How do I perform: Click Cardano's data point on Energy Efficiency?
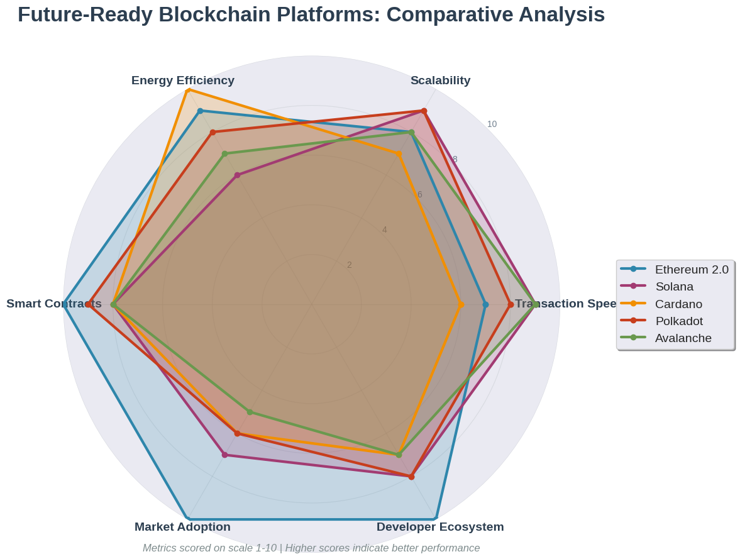(188, 90)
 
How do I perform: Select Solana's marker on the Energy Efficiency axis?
(237, 175)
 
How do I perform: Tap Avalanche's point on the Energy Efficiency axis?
(224, 153)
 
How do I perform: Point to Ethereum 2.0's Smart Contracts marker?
(64, 304)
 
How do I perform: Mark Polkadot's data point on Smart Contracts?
(89, 304)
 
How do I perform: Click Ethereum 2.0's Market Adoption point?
(188, 519)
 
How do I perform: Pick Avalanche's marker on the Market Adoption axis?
(250, 412)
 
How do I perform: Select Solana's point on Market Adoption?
(224, 455)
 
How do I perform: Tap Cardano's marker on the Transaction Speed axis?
(461, 304)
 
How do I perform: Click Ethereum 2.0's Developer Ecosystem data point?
(436, 519)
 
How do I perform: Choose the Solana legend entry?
(674, 287)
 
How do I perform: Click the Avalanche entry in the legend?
(683, 338)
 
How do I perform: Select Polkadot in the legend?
(678, 321)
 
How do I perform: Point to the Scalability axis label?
(440, 80)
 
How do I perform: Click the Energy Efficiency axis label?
(183, 80)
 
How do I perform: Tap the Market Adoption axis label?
(182, 527)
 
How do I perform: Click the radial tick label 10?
(492, 124)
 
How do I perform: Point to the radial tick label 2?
(350, 265)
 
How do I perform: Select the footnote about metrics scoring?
(311, 548)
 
